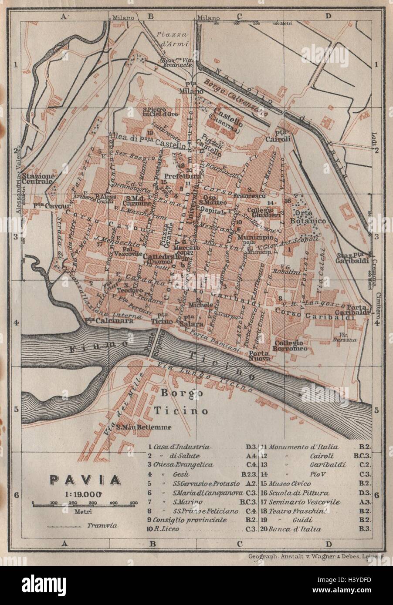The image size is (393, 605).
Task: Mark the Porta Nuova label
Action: [x=261, y=355]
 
